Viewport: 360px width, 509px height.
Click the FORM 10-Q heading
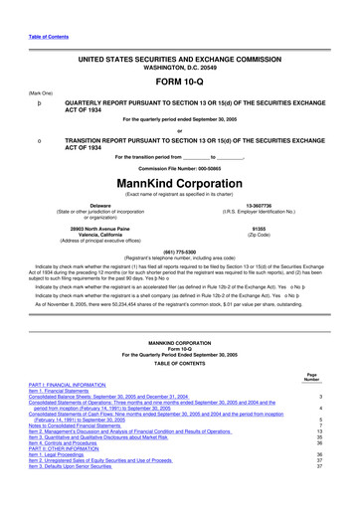click(x=179, y=82)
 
